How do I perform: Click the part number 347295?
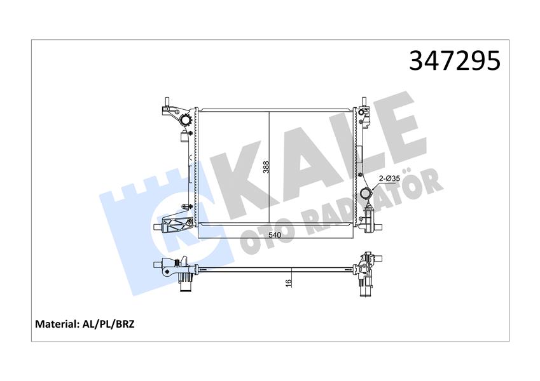tap(455, 61)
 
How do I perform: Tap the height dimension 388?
tap(266, 167)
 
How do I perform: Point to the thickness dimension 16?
tap(288, 281)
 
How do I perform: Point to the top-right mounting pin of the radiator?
tap(364, 103)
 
